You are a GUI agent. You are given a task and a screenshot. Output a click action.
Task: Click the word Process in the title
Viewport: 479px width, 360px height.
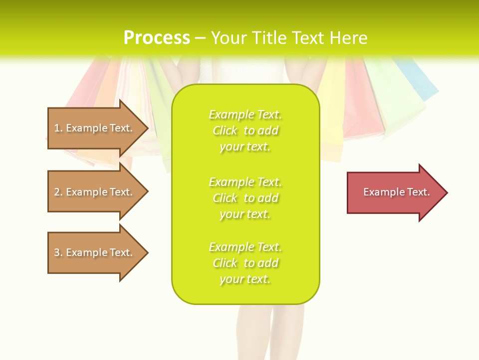coord(157,38)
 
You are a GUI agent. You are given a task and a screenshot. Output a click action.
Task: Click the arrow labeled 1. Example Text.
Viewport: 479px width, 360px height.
coord(95,128)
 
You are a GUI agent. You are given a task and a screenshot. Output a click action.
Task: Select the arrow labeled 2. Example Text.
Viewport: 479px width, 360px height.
coord(95,192)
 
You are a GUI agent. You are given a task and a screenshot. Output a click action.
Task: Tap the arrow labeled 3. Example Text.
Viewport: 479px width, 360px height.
coord(95,252)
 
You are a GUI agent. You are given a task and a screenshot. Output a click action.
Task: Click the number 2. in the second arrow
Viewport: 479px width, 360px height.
coord(58,192)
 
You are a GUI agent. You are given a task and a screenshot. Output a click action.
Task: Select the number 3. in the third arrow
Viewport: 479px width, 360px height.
coord(58,252)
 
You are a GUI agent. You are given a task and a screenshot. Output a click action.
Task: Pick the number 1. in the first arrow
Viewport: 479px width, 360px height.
coord(58,128)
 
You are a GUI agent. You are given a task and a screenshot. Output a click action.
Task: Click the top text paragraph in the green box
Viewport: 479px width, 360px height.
coord(245,130)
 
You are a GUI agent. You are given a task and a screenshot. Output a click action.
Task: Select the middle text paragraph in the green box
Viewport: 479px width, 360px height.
coord(245,198)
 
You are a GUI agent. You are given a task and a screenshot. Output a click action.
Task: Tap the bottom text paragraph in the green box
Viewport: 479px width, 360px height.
coord(245,263)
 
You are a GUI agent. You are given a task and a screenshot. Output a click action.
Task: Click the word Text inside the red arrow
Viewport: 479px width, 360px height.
coord(418,192)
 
